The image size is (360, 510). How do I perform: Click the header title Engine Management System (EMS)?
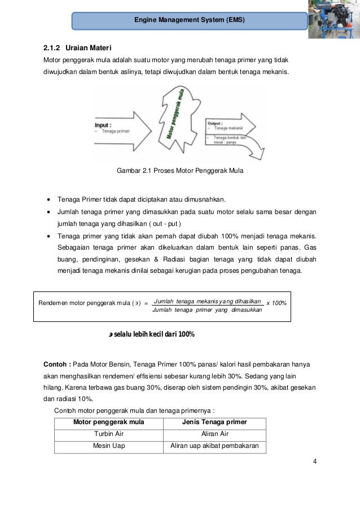(190, 21)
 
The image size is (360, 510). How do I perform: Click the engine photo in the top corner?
(334, 20)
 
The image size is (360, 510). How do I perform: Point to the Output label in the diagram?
(215, 122)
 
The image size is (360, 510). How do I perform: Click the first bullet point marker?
(50, 199)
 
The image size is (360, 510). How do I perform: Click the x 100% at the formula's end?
(276, 303)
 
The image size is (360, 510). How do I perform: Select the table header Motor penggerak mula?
(108, 422)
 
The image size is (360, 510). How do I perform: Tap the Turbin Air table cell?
(108, 434)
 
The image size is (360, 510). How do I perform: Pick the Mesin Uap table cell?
(108, 446)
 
